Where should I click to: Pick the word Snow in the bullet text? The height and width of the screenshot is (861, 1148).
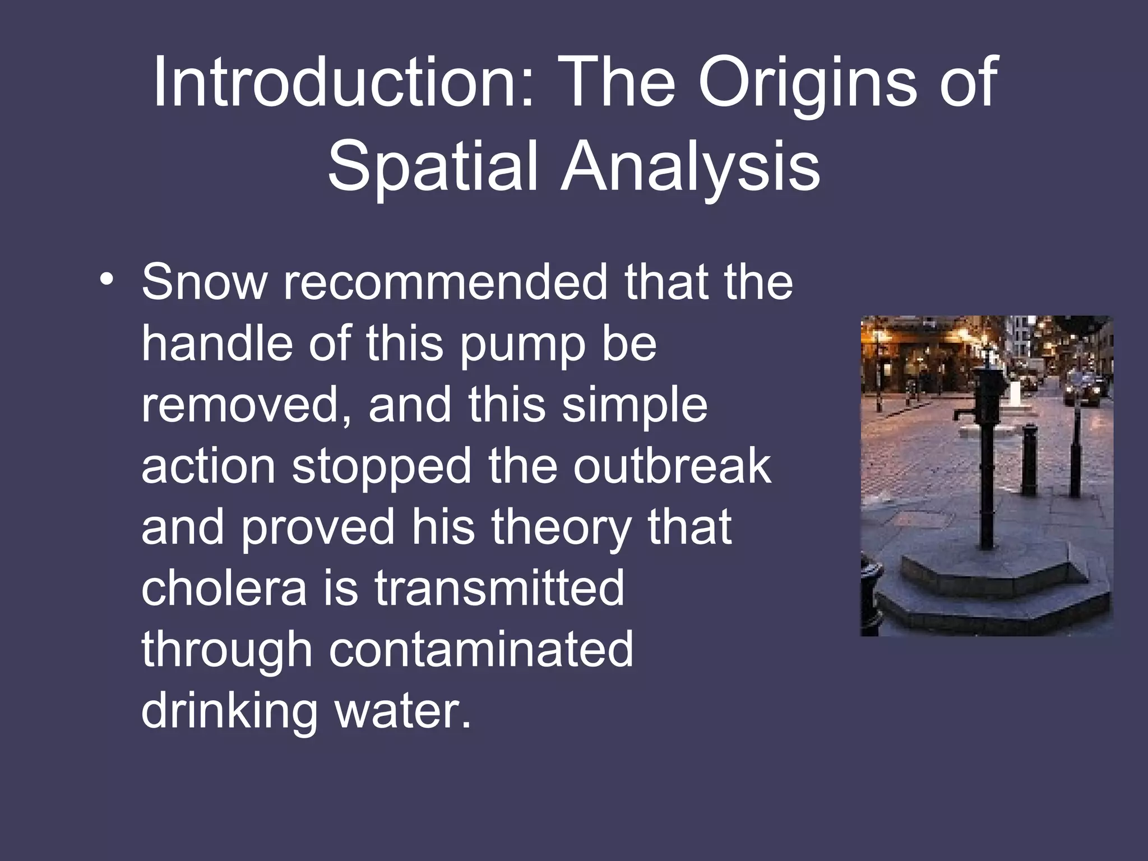click(x=204, y=281)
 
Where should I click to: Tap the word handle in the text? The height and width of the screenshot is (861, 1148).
click(x=216, y=343)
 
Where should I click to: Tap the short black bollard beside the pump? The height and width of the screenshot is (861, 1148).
click(x=1029, y=460)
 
